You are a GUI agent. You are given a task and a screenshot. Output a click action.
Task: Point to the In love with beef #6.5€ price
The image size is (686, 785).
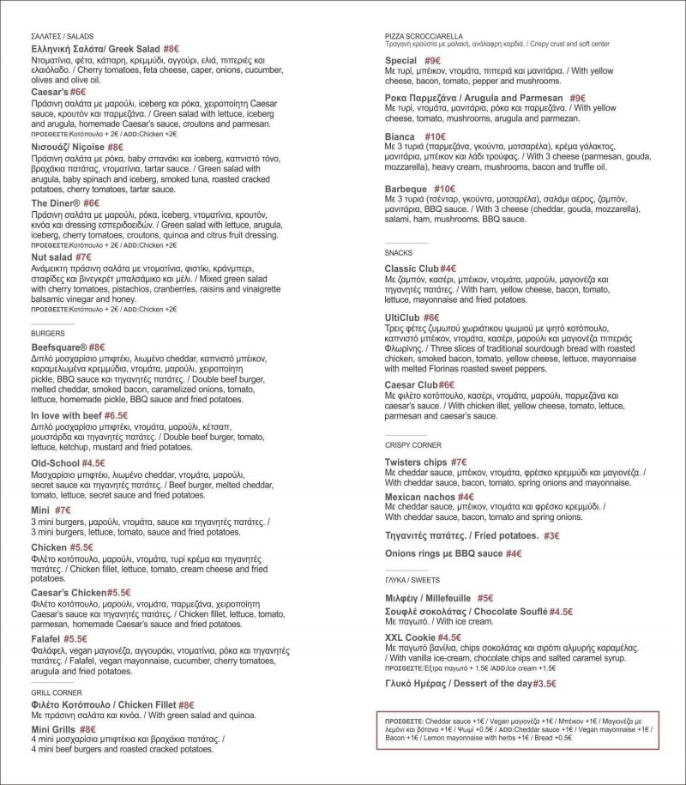tap(111, 415)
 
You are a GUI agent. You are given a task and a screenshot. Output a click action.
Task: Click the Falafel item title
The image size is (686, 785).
tap(46, 638)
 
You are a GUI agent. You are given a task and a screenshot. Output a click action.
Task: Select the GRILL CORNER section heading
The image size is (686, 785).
tap(57, 691)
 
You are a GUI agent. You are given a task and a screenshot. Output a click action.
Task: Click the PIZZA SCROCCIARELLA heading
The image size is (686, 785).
tap(424, 35)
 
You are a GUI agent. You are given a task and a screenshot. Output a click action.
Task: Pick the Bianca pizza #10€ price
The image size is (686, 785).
tap(435, 136)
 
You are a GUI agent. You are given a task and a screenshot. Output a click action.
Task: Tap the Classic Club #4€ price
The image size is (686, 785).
tap(448, 269)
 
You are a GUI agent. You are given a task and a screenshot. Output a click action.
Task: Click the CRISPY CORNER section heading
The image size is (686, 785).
tap(413, 445)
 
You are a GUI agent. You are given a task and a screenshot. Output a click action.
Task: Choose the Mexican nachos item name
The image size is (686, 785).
tap(419, 496)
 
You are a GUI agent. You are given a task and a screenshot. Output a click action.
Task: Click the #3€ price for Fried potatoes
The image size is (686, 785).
tap(551, 535)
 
